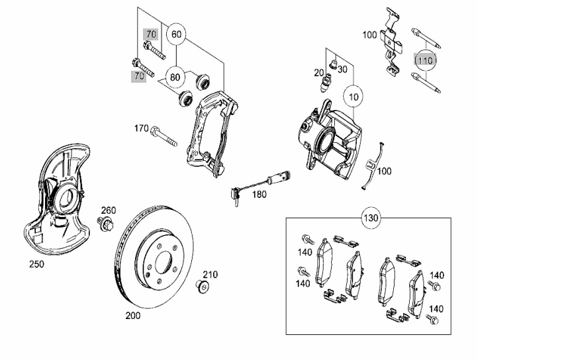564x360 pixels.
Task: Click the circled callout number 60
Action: (176, 34)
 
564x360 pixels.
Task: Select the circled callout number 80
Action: (175, 77)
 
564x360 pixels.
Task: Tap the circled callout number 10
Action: (353, 97)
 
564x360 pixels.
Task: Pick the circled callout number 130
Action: (371, 218)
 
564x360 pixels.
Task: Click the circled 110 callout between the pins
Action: (425, 60)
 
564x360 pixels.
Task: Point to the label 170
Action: (142, 128)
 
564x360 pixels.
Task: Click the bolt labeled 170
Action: (164, 136)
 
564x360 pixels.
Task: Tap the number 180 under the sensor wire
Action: (259, 195)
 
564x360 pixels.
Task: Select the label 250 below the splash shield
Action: (36, 264)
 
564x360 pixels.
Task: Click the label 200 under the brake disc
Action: (133, 316)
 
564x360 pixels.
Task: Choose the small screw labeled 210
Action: (203, 287)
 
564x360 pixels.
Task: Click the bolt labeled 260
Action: (105, 224)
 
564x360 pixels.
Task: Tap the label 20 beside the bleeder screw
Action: (318, 73)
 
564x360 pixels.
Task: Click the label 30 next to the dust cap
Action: (342, 69)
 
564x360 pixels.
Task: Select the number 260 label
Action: (109, 210)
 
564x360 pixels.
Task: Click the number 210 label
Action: (210, 275)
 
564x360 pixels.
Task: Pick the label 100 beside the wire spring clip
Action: (384, 171)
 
